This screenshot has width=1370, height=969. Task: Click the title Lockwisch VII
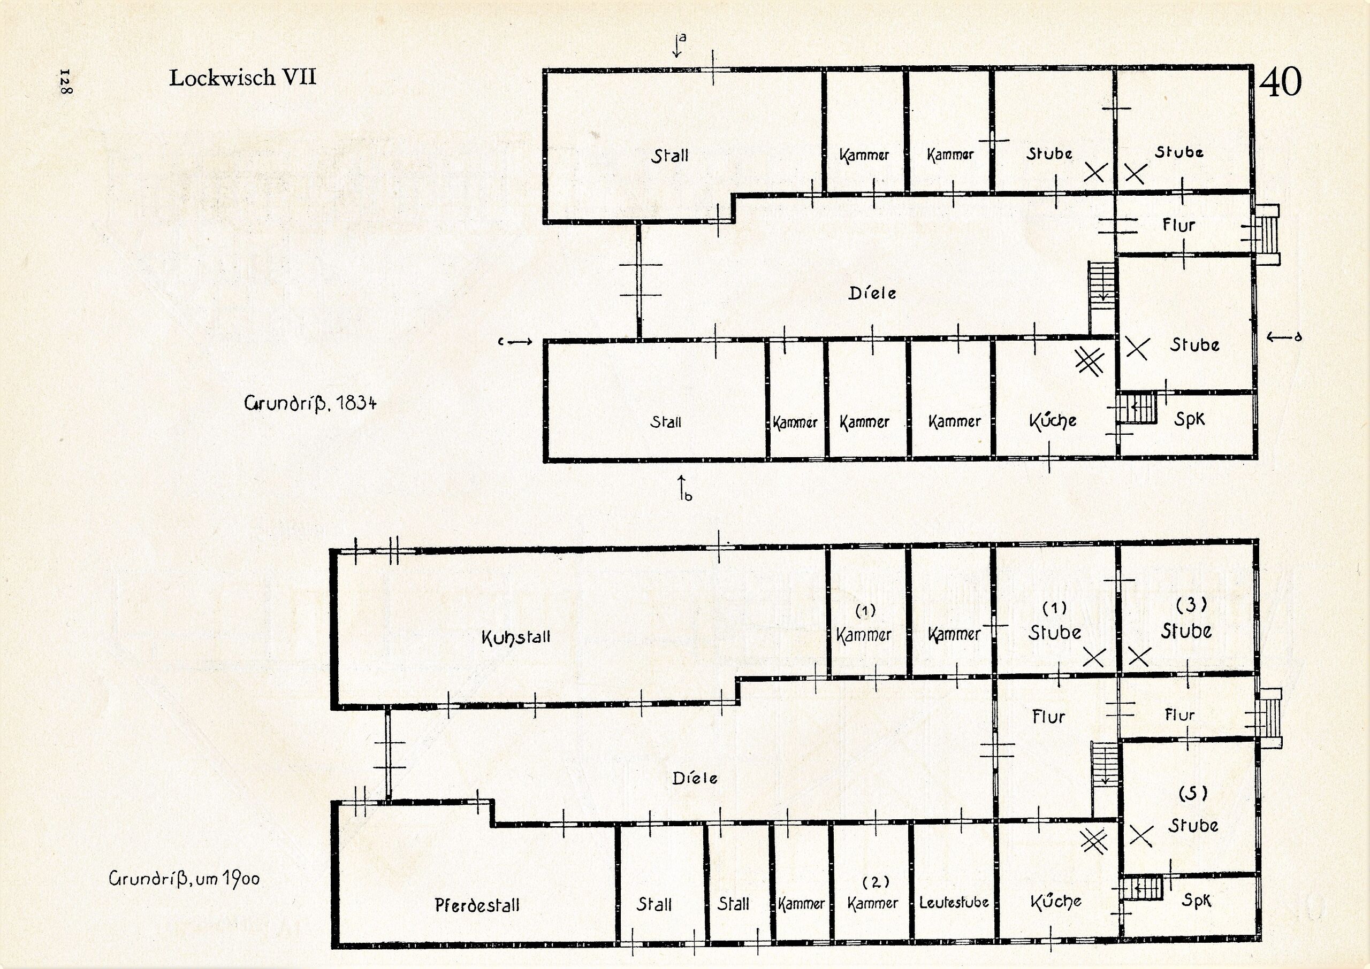(x=242, y=78)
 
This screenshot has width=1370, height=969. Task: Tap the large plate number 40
(x=1280, y=82)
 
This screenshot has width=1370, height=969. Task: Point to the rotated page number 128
(x=65, y=82)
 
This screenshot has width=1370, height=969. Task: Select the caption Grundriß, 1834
(x=310, y=403)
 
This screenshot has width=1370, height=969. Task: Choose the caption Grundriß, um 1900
(x=185, y=879)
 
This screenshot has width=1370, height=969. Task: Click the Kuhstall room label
(x=516, y=637)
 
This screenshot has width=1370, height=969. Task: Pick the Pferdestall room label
(x=477, y=905)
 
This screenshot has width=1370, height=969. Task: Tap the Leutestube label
(x=953, y=903)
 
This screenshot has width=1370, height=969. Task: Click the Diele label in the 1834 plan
(x=872, y=293)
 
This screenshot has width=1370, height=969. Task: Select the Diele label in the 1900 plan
(x=695, y=778)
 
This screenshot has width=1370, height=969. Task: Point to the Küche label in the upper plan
(x=1053, y=421)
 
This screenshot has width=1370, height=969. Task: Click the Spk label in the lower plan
(x=1196, y=901)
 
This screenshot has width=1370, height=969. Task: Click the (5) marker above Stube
(x=1193, y=793)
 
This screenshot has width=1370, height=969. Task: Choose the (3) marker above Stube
(x=1191, y=605)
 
